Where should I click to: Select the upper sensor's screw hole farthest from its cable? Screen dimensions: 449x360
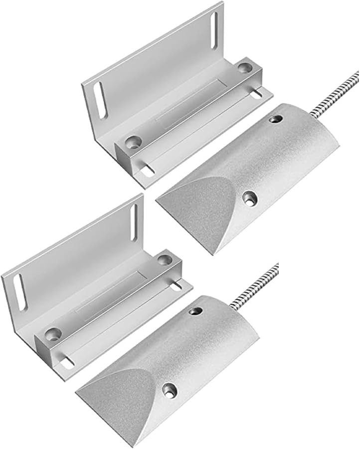click(x=248, y=198)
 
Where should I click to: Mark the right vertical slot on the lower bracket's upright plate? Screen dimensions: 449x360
click(x=134, y=221)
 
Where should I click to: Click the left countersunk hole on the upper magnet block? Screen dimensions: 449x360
click(x=132, y=141)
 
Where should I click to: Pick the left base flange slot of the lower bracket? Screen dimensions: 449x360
click(x=67, y=364)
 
